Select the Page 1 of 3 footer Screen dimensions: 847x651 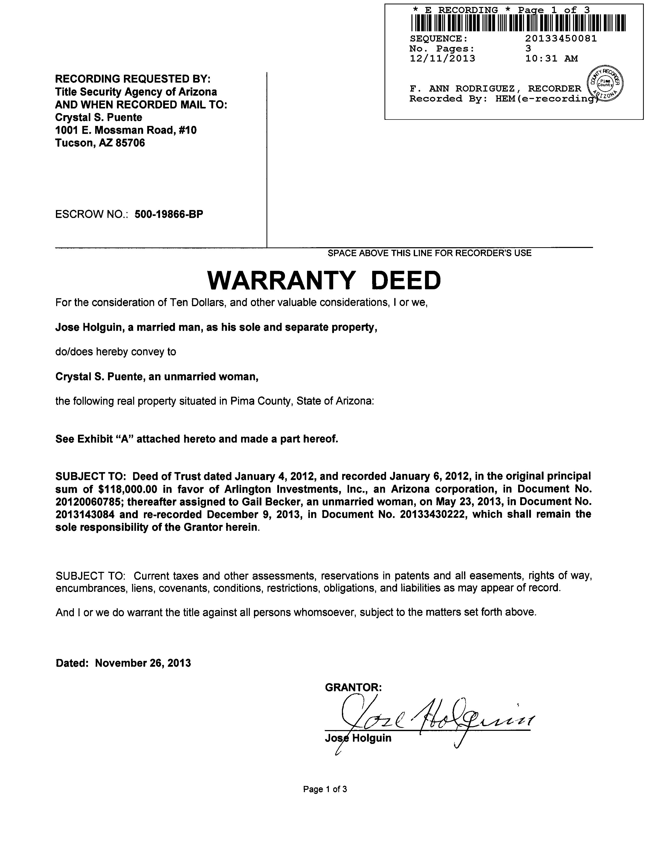pyautogui.click(x=325, y=789)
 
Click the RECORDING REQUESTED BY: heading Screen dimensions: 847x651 pyautogui.click(x=133, y=79)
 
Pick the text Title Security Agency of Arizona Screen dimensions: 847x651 pyautogui.click(x=136, y=92)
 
